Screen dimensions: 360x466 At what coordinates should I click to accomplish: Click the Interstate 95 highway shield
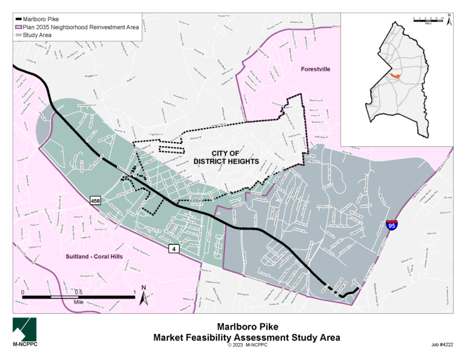pyautogui.click(x=391, y=226)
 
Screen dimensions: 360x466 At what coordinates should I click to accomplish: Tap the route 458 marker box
pyautogui.click(x=96, y=200)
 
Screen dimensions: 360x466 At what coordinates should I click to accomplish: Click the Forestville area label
pyautogui.click(x=316, y=70)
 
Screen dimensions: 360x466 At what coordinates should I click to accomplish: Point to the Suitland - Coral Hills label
pyautogui.click(x=94, y=257)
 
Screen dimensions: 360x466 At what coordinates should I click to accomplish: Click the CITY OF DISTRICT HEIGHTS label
pyautogui.click(x=226, y=157)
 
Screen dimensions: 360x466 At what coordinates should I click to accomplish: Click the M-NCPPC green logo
pyautogui.click(x=24, y=331)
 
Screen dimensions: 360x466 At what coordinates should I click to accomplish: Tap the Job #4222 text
pyautogui.click(x=444, y=344)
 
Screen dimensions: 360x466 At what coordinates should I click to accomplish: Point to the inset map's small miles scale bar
pyautogui.click(x=428, y=18)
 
